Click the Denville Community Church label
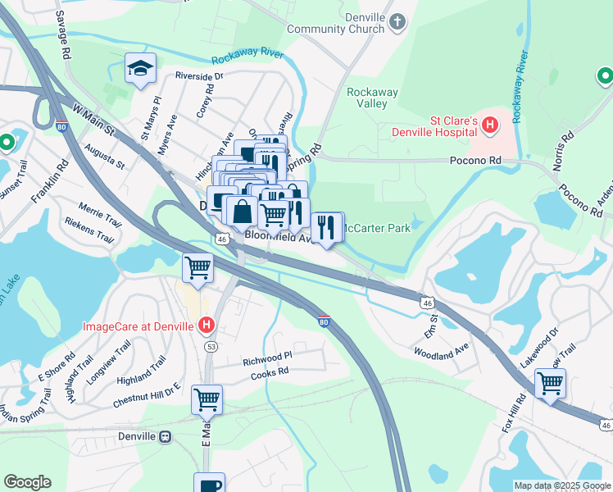(x=336, y=22)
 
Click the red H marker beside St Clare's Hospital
(x=490, y=125)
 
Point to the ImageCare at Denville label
(x=138, y=326)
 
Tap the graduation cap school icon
(x=140, y=68)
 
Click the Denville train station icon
(x=166, y=436)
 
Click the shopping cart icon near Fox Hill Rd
(x=550, y=382)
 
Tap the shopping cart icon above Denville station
(x=207, y=399)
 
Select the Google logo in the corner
(x=27, y=482)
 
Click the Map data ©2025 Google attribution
(x=562, y=485)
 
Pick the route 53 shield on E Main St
(x=211, y=347)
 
